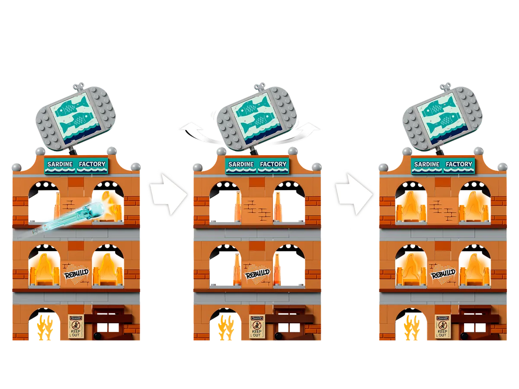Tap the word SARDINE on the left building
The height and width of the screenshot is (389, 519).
point(60,164)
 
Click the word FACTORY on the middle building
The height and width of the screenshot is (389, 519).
point(273,164)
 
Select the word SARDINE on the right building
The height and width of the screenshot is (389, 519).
point(426,164)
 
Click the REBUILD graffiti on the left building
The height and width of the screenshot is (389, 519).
point(77,274)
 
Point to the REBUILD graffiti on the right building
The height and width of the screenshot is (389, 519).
point(443,274)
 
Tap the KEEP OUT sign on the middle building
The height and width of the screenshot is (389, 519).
point(256,327)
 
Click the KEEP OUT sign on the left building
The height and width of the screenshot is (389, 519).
point(75,327)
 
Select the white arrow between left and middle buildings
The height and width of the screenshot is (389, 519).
point(169,194)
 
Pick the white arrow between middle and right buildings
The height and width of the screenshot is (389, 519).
point(354,194)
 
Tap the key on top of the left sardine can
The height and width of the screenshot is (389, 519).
point(78,88)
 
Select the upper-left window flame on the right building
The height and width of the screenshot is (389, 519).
point(411,207)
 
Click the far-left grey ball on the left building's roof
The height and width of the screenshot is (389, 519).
point(17,167)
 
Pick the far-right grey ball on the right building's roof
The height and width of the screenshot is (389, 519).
point(503,167)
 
